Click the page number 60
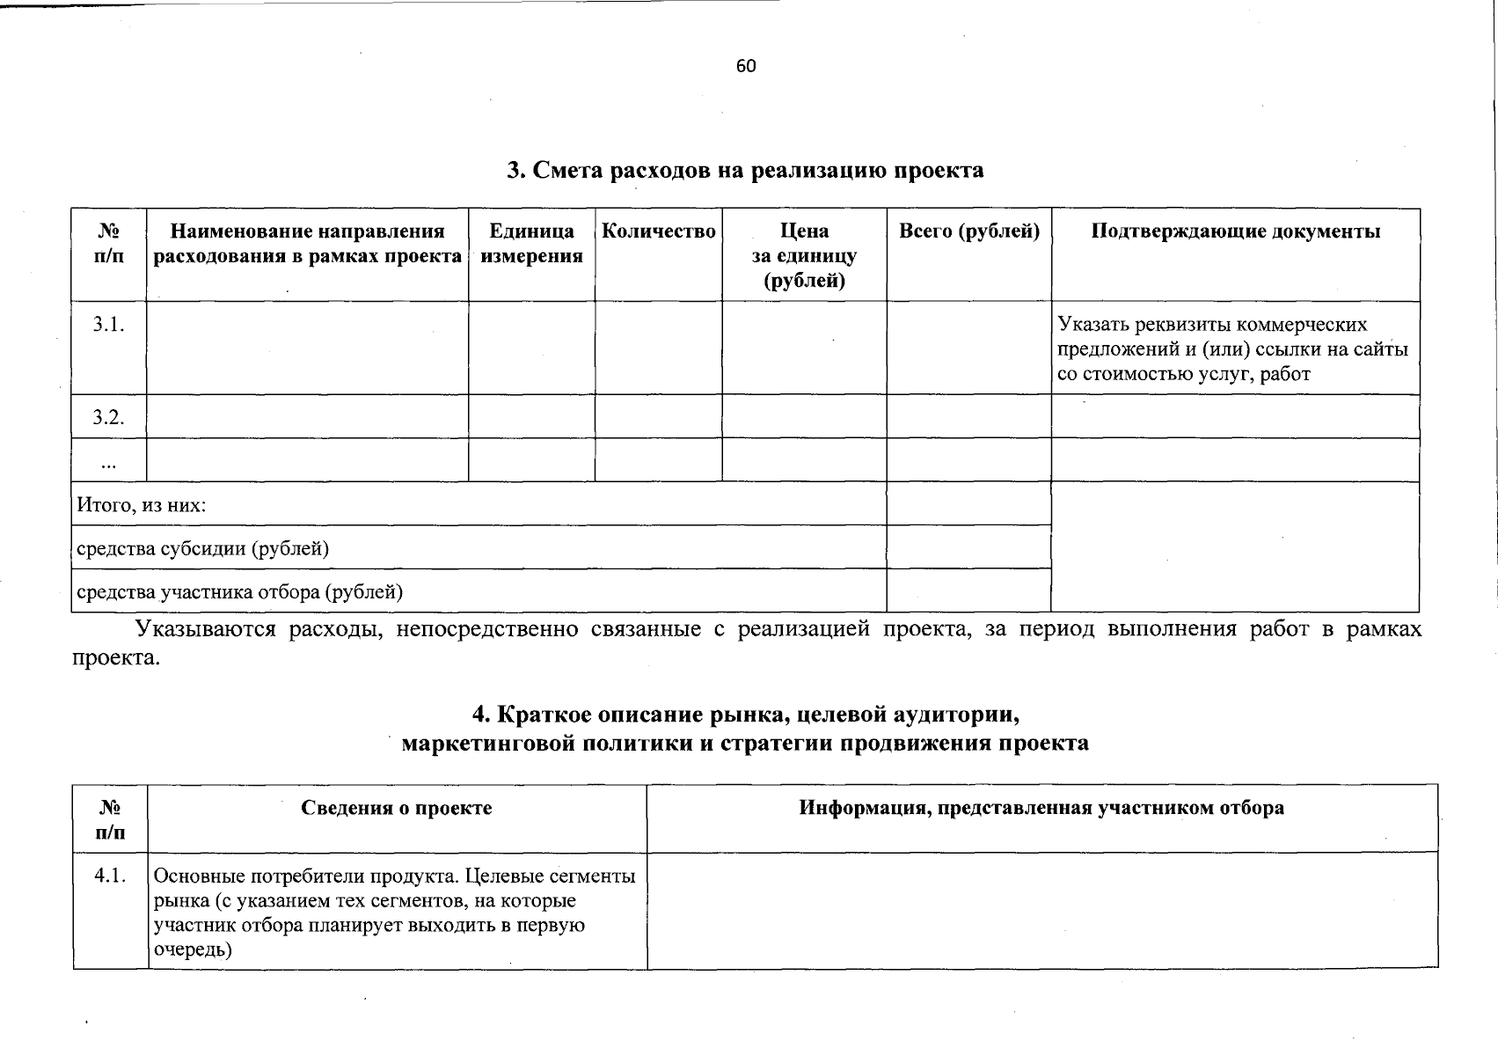tap(745, 67)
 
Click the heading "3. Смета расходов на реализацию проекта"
tap(745, 170)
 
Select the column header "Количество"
tap(658, 231)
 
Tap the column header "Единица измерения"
tap(531, 244)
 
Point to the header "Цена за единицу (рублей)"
tap(804, 256)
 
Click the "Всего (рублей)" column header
tap(968, 231)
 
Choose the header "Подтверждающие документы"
tap(1235, 231)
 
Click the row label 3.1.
tap(108, 324)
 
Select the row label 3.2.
tap(108, 417)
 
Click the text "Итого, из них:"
tap(142, 506)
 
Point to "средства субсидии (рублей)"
tap(202, 549)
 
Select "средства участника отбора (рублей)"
tap(239, 592)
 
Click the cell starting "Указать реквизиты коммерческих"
tap(1231, 348)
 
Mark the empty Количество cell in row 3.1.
tap(658, 348)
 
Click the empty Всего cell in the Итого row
tap(968, 504)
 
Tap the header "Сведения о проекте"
tap(397, 808)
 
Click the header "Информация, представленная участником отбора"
tap(1041, 808)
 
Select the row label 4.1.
tap(110, 876)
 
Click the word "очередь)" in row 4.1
tap(193, 950)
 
